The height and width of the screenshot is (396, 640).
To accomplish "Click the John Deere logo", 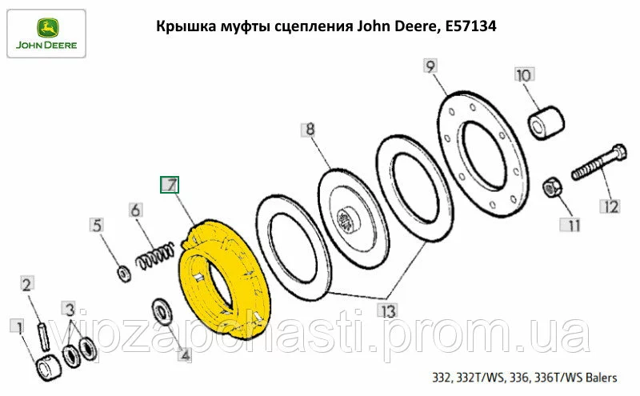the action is coord(46,34).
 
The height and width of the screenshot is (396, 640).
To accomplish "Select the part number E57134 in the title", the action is coord(471,26).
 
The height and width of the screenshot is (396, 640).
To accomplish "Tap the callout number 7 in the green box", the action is coord(170,185).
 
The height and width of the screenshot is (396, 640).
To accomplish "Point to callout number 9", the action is coord(430,66).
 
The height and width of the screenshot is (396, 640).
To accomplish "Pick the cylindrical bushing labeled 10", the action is coord(546,122).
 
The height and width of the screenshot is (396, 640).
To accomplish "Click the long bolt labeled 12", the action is coord(598,163).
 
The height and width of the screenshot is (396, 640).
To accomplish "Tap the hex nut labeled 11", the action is coord(552,188).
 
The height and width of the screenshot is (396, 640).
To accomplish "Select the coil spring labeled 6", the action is coord(155,256).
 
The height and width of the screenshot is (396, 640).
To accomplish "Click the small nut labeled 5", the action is coord(123,273).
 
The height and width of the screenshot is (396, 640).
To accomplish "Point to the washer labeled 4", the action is coord(162,312).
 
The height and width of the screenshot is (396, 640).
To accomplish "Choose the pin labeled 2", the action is coord(44,335).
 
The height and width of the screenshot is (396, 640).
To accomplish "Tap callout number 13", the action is coord(388,311).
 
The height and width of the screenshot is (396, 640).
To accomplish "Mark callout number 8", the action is coord(310,130).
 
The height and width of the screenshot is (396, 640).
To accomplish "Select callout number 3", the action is coord(70,310).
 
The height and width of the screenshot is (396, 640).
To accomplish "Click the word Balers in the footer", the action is coord(602,378).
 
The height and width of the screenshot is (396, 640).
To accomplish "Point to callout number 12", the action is coord(610,206).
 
